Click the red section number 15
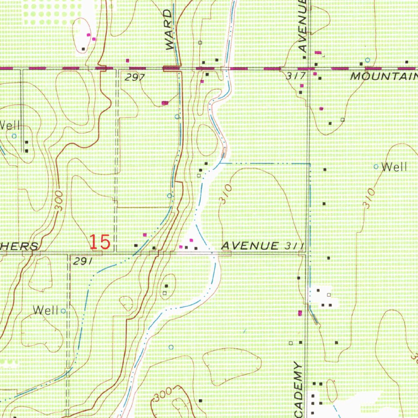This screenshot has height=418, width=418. pos(100,242)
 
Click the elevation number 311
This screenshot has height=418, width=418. pos(293,246)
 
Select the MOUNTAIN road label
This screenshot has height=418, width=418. pos(384,76)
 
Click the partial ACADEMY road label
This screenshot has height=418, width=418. pos(299,390)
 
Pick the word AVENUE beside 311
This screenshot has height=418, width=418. pos(248,246)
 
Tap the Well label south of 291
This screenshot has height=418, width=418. pos(46,310)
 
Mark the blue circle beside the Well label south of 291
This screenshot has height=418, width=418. pos(63,311)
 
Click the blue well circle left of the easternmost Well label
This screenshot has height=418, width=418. pos(376,167)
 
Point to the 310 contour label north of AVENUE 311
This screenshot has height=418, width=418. pos(226,194)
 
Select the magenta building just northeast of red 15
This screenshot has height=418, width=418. pos(145,235)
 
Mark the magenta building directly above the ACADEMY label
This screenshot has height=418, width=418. pos(300,313)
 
